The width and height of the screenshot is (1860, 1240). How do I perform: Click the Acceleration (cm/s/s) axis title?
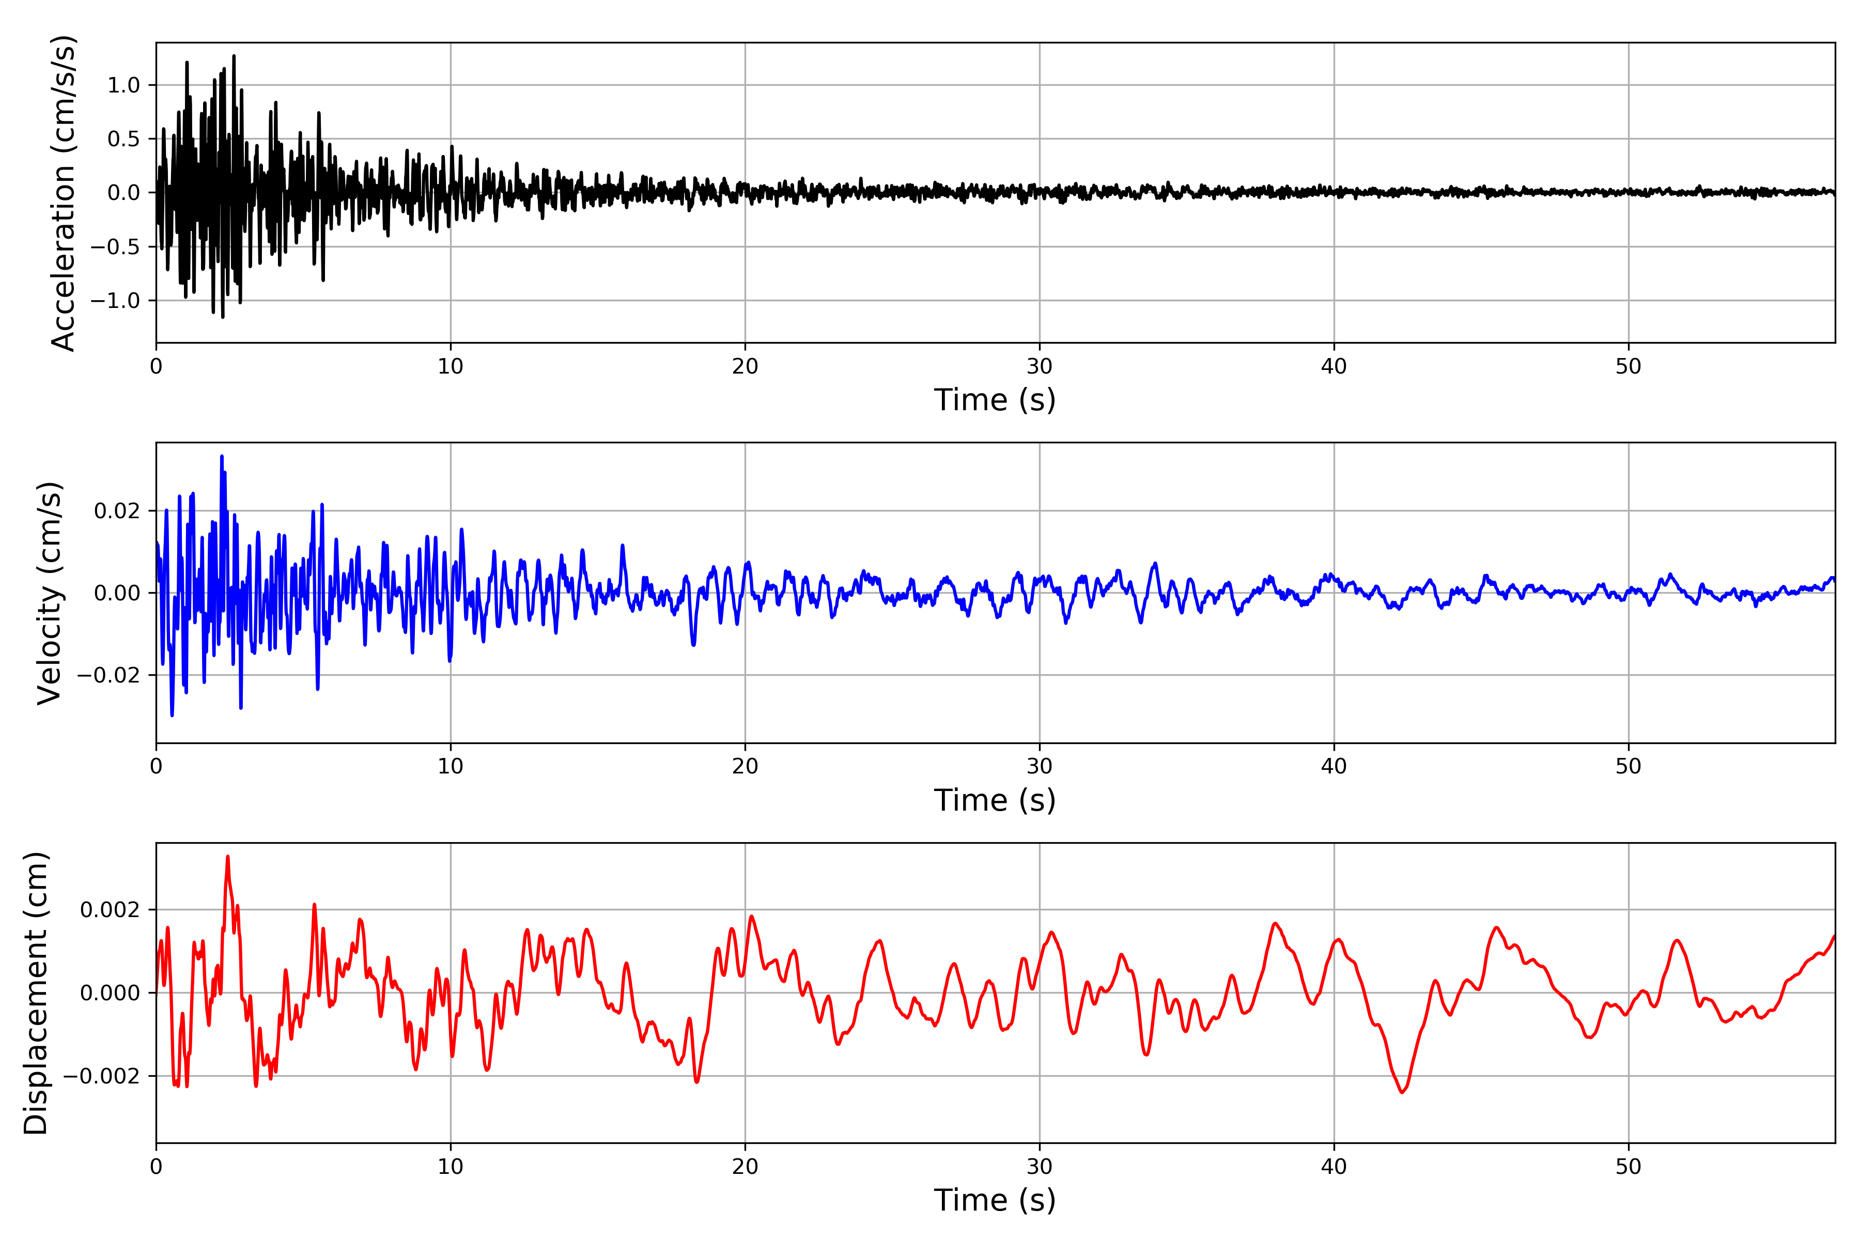pos(63,193)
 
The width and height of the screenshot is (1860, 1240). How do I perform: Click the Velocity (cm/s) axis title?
pos(49,593)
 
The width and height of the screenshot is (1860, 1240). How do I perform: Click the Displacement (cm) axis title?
pos(36,993)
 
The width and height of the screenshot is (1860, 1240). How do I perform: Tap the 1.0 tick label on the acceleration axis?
pos(123,85)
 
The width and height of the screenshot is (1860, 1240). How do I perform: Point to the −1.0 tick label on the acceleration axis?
pos(115,301)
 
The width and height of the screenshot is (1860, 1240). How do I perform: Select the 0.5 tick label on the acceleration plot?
pos(123,139)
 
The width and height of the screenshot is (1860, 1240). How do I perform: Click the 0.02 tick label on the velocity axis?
pos(117,511)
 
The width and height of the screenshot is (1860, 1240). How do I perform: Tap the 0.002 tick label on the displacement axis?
pos(110,910)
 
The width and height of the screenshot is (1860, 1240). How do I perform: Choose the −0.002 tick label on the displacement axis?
pos(102,1076)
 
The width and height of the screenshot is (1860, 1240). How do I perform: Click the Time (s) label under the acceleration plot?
pos(995,400)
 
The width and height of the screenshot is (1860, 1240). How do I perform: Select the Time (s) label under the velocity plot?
pos(995,800)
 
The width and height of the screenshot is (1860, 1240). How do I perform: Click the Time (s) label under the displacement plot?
pos(995,1200)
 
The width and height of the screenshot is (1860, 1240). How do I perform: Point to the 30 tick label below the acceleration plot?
pos(1039,367)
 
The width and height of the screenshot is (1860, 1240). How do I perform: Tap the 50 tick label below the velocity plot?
pos(1629,766)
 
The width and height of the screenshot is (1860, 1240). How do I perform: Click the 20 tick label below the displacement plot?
pos(745,1167)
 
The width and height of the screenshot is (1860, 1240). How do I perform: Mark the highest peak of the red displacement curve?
pos(228,857)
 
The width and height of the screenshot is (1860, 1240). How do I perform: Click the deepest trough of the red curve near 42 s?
pos(1403,1092)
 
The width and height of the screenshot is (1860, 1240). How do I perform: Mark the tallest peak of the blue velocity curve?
pos(222,456)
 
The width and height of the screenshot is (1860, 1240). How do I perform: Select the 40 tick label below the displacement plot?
pos(1334,1167)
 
